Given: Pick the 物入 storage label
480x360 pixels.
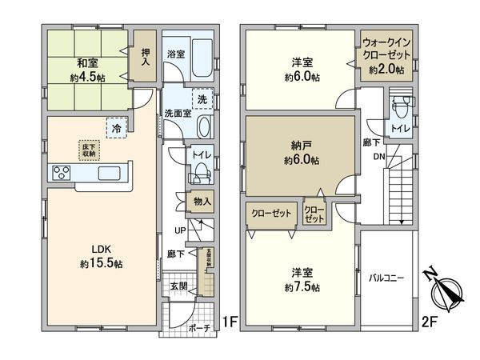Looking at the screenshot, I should coord(203,202).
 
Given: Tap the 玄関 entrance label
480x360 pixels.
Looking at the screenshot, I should coord(178,286).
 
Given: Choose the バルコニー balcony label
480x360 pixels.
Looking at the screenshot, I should coord(386,279).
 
